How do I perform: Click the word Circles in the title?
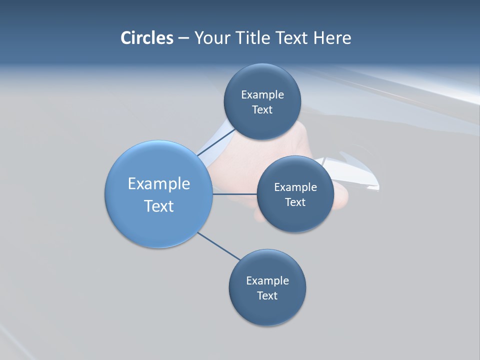146,38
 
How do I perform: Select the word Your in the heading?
212,38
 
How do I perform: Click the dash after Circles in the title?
183,38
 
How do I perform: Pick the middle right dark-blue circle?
295,217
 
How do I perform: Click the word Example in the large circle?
159,184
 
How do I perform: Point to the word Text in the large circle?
159,206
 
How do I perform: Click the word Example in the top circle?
262,95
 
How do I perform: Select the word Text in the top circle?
262,110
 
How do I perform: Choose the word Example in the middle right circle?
295,187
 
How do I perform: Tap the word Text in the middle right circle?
295,202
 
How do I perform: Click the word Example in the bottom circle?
267,281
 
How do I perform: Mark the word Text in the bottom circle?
267,296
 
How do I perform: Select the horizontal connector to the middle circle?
234,194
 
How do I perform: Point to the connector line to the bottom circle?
219,246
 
